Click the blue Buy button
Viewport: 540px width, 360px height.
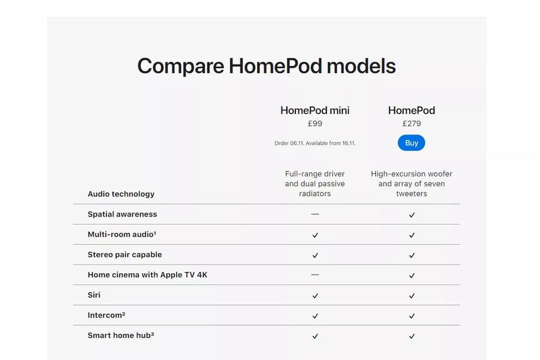(411, 143)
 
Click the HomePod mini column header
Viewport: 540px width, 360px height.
(315, 110)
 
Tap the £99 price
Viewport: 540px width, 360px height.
(315, 123)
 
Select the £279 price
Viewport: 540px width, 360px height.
(412, 123)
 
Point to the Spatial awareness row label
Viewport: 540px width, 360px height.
(122, 214)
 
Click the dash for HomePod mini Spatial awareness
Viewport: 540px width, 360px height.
(315, 214)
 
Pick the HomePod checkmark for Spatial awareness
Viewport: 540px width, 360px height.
(412, 215)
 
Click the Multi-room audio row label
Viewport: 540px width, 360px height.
(122, 234)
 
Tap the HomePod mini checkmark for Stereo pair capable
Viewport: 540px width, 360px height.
(315, 255)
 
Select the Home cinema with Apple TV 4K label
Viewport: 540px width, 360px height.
(148, 275)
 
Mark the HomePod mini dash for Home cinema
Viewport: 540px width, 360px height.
(315, 275)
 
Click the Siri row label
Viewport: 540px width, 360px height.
(94, 295)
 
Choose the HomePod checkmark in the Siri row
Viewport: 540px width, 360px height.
(412, 295)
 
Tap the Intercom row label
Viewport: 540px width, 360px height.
(106, 315)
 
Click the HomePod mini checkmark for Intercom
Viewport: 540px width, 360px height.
(315, 316)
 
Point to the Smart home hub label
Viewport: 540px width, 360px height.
(121, 336)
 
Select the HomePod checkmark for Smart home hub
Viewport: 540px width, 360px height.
(412, 336)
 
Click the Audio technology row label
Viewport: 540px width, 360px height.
(121, 194)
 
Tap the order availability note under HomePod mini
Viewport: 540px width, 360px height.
(315, 143)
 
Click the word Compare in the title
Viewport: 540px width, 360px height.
(181, 66)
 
